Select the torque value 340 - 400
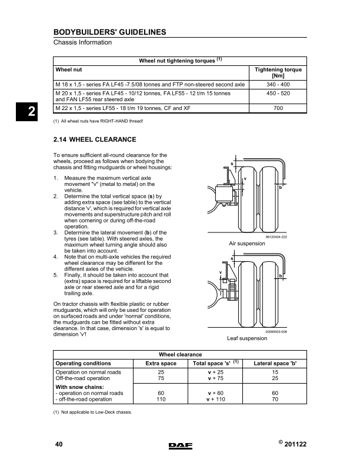pos(278,85)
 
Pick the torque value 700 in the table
pos(278,109)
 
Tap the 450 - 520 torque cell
pos(278,94)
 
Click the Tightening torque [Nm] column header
pos(278,73)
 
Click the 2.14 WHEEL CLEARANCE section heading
pos(95,140)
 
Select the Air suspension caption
pos(248,242)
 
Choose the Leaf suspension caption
pos(247,338)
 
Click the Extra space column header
pos(161,364)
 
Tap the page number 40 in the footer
pos(58,444)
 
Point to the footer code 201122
pos(295,444)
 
